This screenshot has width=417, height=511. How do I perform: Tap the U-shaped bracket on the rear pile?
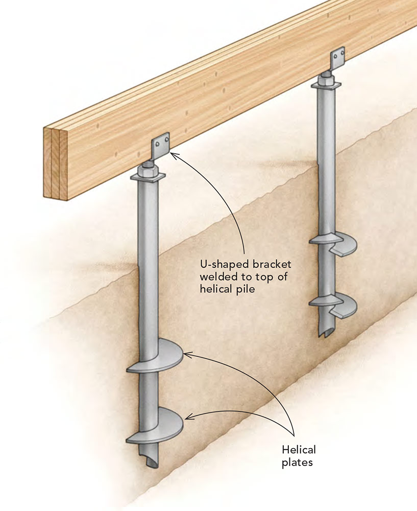[x=337, y=61]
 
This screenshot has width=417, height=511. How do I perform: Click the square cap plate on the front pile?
[x=149, y=176]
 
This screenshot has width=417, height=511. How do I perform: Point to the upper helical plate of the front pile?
[x=158, y=358]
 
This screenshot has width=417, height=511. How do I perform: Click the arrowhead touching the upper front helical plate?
[x=186, y=354]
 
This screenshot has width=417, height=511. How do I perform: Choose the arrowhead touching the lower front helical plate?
[x=187, y=417]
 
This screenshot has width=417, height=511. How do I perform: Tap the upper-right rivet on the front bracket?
[x=165, y=137]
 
